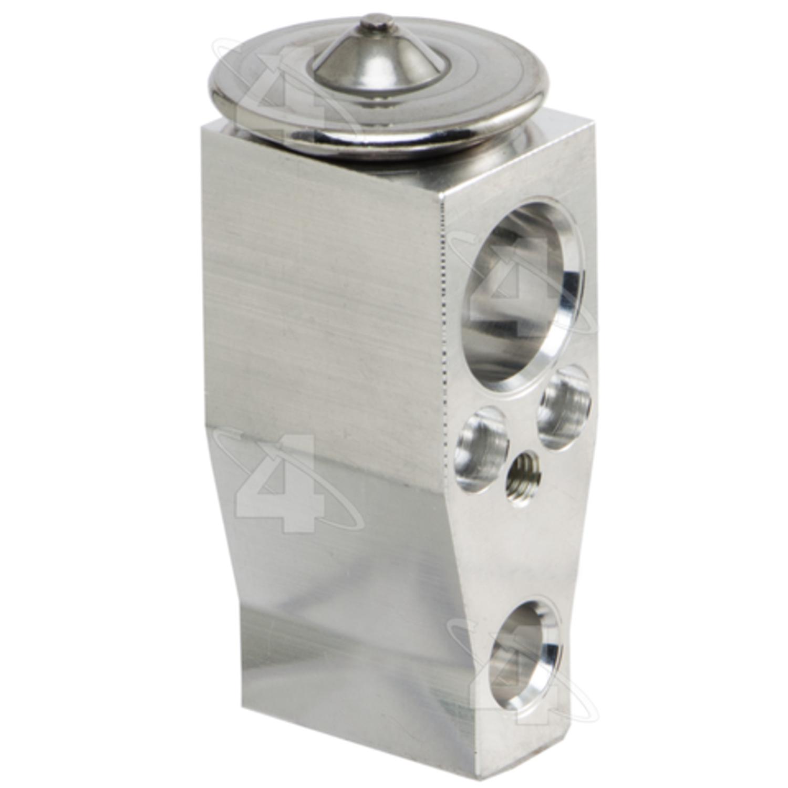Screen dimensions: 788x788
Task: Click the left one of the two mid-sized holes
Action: click(482, 450)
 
